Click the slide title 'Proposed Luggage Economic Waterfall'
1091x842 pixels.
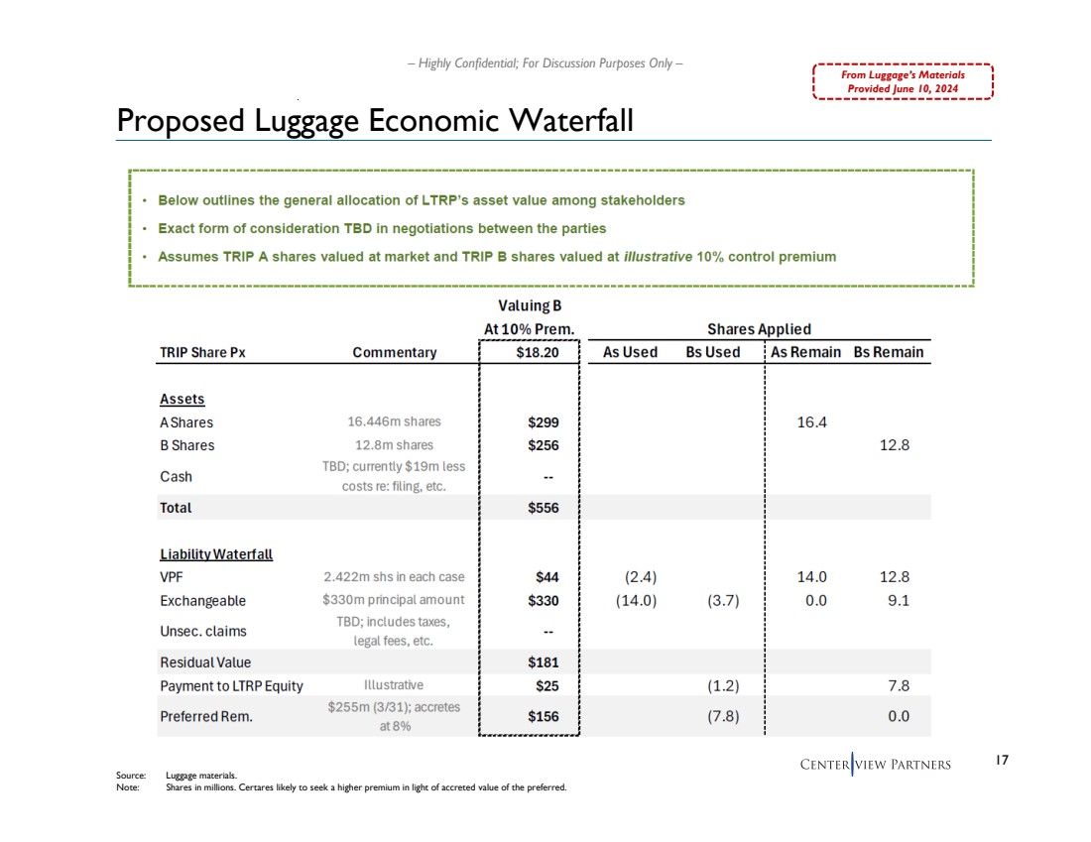[x=375, y=120]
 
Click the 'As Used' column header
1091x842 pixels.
[x=630, y=352]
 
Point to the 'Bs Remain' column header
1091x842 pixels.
[x=888, y=352]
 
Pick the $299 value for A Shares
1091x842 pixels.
[x=543, y=422]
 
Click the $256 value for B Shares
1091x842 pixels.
[x=543, y=445]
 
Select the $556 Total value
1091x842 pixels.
[x=543, y=508]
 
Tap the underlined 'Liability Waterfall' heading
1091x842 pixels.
[x=215, y=554]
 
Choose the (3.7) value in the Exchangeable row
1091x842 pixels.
[x=721, y=600]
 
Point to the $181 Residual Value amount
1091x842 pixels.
[x=543, y=662]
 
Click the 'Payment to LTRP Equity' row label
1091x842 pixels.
[x=231, y=685]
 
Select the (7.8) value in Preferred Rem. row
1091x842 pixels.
[x=721, y=717]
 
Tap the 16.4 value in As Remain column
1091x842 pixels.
[x=811, y=422]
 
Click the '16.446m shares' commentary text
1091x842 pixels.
[x=393, y=422]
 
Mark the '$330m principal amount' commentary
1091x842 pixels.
[x=393, y=600]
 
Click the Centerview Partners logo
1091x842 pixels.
[x=875, y=764]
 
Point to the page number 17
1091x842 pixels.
[x=1001, y=761]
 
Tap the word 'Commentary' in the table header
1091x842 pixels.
[x=394, y=352]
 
